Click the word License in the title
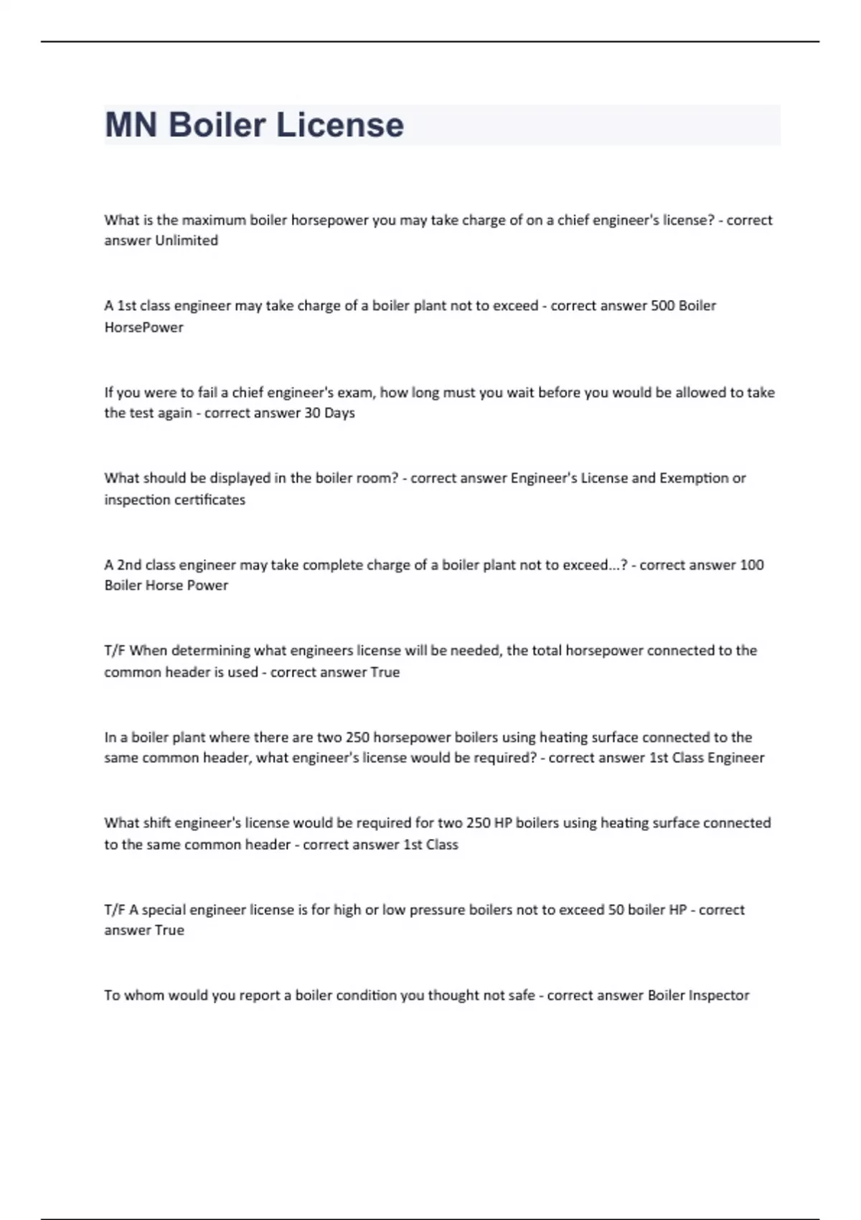pyautogui.click(x=340, y=125)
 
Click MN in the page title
pyautogui.click(x=131, y=125)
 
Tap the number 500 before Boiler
pyautogui.click(x=662, y=306)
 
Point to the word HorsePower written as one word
pyautogui.click(x=143, y=327)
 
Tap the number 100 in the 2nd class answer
pyautogui.click(x=751, y=565)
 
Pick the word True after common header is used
pyautogui.click(x=385, y=672)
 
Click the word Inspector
pyautogui.click(x=718, y=995)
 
